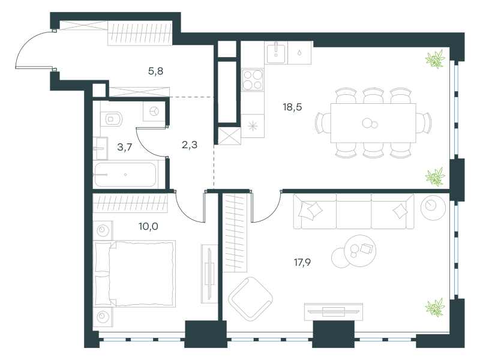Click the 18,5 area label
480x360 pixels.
292,107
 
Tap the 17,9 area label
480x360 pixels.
302,262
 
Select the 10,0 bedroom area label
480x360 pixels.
148,227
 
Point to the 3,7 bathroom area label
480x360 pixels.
125,147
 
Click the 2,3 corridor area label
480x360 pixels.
190,145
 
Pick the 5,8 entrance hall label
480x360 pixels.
155,71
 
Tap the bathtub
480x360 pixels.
125,175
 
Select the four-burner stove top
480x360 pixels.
253,80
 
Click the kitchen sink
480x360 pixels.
276,53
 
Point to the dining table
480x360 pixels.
373,123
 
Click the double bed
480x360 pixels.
134,274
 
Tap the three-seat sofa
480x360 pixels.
353,211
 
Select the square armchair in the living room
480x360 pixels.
250,299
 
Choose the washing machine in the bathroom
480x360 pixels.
154,111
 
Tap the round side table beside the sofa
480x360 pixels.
433,207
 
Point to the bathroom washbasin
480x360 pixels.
100,148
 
